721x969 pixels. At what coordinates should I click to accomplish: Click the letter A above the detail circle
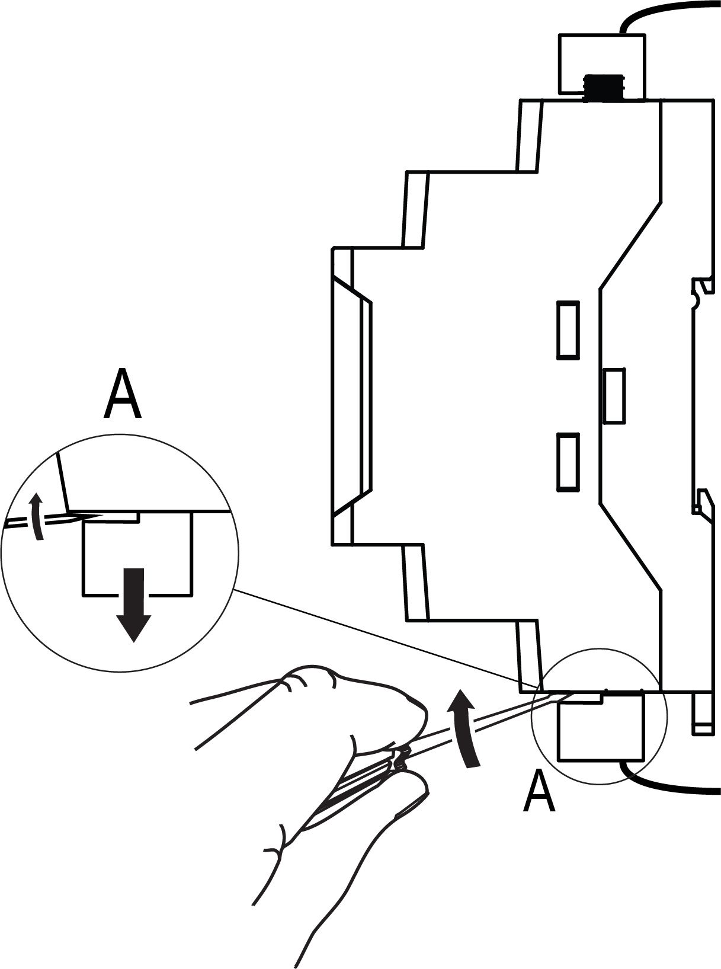(123, 394)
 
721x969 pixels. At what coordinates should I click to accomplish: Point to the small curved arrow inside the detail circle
(37, 516)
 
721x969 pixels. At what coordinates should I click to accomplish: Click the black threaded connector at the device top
(603, 88)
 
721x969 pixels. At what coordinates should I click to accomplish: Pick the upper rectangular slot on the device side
(568, 330)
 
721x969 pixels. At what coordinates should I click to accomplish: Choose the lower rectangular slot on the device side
(568, 462)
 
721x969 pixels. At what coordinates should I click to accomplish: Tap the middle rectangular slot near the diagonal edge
(614, 395)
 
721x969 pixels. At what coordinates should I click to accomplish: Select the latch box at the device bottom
(601, 728)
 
